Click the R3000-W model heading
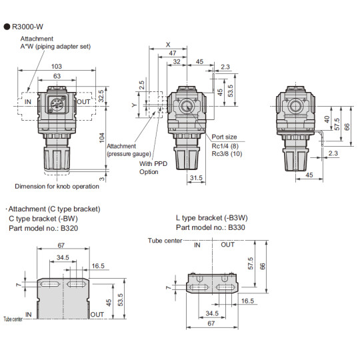click(x=29, y=27)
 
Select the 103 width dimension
click(x=56, y=67)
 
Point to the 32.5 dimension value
click(x=101, y=95)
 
